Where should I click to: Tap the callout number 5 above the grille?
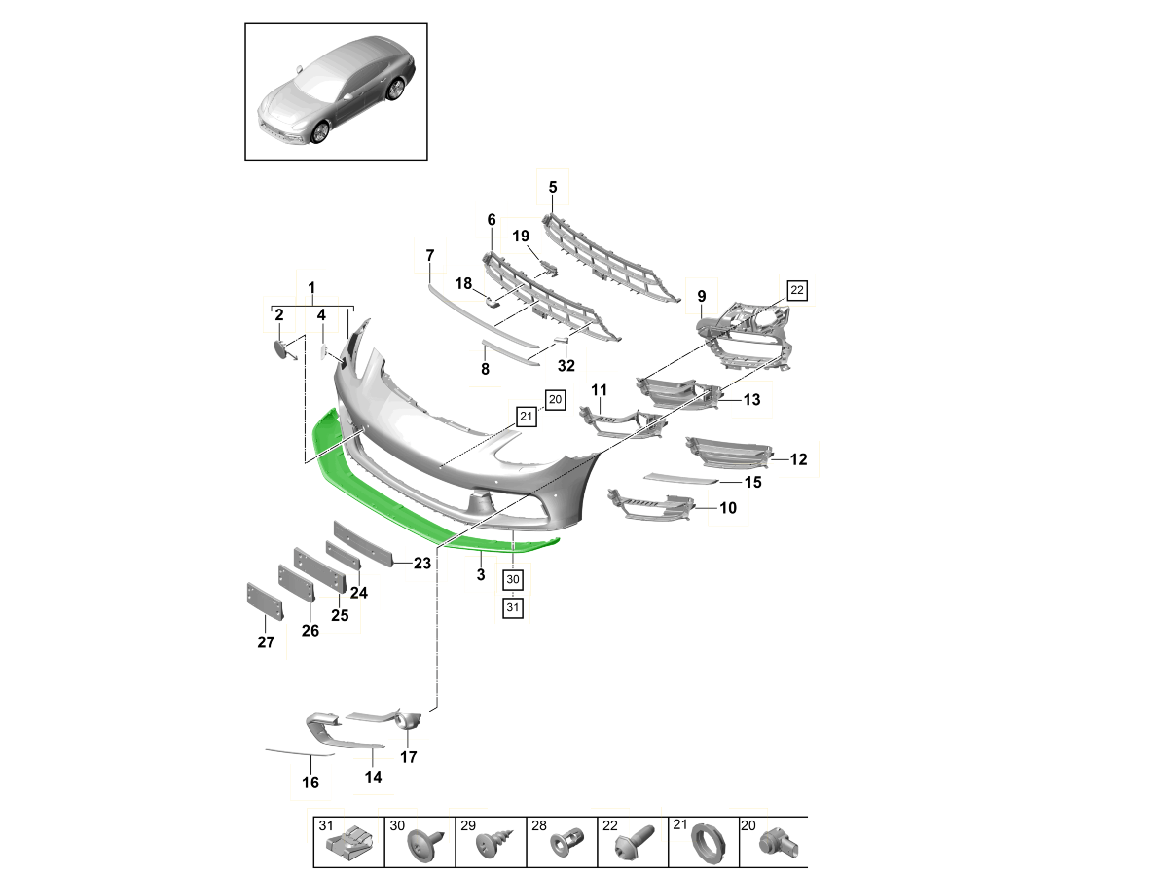[x=552, y=187]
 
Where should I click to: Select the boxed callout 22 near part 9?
[x=797, y=290]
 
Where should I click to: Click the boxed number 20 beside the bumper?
[x=555, y=398]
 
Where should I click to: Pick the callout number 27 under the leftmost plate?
[x=266, y=642]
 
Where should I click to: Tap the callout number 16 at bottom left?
[x=310, y=783]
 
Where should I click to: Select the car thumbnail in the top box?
[x=336, y=92]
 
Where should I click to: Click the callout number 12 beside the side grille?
[x=798, y=459]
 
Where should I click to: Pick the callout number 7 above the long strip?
[x=429, y=255]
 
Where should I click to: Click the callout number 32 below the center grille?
[x=566, y=366]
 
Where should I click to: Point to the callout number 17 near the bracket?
[x=408, y=756]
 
